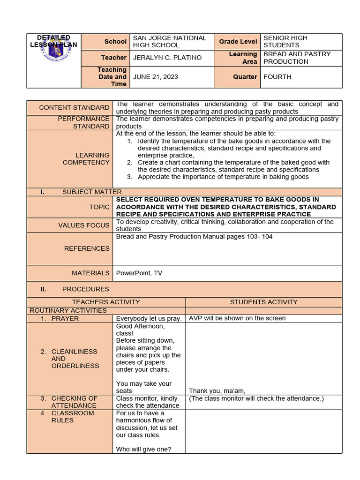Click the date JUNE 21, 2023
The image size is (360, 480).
coord(156,77)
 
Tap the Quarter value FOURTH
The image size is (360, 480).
coord(277,77)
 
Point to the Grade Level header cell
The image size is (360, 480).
coord(237,42)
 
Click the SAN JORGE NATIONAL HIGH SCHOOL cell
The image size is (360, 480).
coord(169,42)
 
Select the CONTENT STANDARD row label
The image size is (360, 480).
coord(74,108)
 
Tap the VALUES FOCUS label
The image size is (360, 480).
coord(84,225)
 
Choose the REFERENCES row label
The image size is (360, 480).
coord(87,249)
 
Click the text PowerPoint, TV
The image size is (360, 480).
coord(139,273)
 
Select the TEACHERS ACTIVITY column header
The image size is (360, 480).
coord(106,302)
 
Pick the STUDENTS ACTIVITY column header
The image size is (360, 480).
coord(263,302)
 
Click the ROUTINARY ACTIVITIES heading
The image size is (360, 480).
coord(68,310)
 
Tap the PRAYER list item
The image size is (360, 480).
coord(65,319)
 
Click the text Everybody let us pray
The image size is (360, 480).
coord(149,319)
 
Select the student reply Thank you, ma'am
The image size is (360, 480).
coord(217,391)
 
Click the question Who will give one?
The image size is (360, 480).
coord(144,449)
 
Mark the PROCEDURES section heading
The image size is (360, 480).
coord(85,289)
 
